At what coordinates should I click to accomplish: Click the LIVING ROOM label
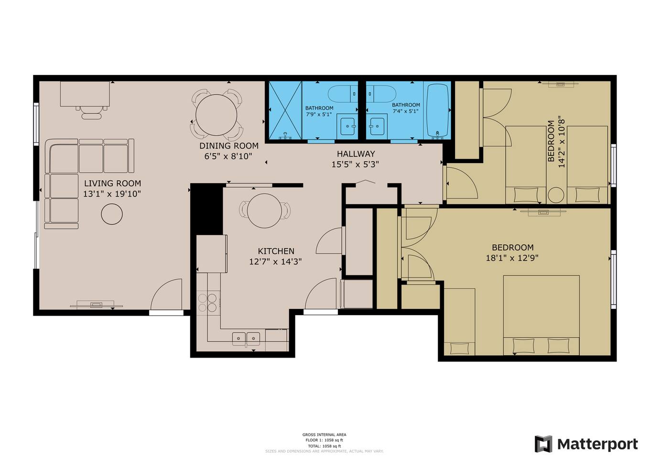(x=112, y=183)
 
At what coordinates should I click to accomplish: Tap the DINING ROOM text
(x=228, y=145)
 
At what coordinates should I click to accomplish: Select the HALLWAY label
(x=356, y=153)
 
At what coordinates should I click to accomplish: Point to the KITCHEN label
(x=276, y=251)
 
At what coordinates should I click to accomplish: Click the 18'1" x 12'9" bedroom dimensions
(x=512, y=258)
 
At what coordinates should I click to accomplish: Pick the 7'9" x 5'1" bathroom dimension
(x=319, y=114)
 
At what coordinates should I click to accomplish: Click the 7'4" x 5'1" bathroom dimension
(x=405, y=111)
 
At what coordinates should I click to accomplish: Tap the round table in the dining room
(x=216, y=115)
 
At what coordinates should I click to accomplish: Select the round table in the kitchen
(x=264, y=211)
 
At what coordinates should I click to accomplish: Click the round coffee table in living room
(x=112, y=214)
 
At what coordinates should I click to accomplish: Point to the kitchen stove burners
(x=207, y=303)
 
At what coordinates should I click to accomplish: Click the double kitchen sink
(x=246, y=339)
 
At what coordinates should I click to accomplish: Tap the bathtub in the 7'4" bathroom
(x=438, y=109)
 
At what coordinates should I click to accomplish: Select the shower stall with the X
(x=285, y=110)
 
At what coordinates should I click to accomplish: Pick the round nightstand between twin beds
(x=556, y=195)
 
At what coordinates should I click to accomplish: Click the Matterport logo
(x=586, y=444)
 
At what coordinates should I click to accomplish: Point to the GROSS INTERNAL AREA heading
(x=324, y=434)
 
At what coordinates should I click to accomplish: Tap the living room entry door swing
(x=166, y=294)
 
